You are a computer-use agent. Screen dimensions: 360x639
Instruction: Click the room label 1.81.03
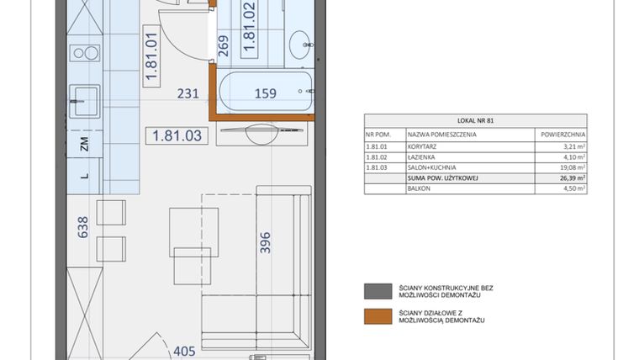pyautogui.click(x=177, y=135)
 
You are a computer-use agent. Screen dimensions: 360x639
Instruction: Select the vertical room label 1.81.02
pyautogui.click(x=249, y=29)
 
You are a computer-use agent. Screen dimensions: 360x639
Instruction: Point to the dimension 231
pyautogui.click(x=187, y=94)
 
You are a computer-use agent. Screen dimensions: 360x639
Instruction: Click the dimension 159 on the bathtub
pyautogui.click(x=265, y=94)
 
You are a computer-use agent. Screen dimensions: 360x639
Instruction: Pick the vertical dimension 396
pyautogui.click(x=265, y=245)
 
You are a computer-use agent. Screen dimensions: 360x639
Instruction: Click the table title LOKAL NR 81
pyautogui.click(x=475, y=121)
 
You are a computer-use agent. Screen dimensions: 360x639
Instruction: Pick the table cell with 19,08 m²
pyautogui.click(x=568, y=167)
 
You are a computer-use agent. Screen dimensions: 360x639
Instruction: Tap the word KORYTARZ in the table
pyautogui.click(x=423, y=146)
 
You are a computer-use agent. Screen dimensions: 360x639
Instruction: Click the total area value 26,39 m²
pyautogui.click(x=568, y=178)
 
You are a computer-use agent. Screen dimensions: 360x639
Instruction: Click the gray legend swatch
pyautogui.click(x=372, y=291)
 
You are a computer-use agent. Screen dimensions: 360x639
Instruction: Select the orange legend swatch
pyautogui.click(x=372, y=316)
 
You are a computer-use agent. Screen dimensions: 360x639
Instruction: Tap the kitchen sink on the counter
pyautogui.click(x=83, y=100)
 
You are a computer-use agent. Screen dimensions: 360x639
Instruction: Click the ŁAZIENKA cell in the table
pyautogui.click(x=422, y=156)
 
